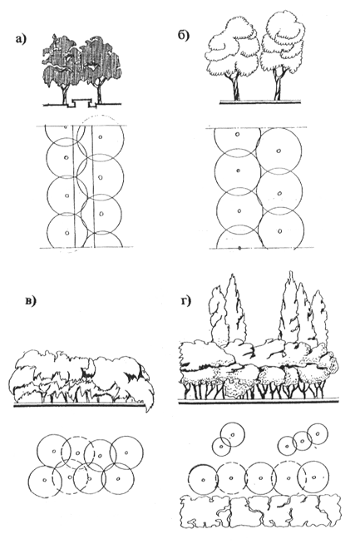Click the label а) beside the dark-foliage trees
[x=21, y=39]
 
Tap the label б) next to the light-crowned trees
[x=184, y=35]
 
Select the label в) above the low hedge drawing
[x=31, y=301]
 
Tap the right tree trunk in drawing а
[x=99, y=93]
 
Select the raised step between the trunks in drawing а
[x=81, y=102]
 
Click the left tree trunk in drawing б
[x=233, y=87]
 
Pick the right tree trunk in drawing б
[x=278, y=86]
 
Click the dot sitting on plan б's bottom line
[x=239, y=248]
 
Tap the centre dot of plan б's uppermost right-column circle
[x=279, y=151]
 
